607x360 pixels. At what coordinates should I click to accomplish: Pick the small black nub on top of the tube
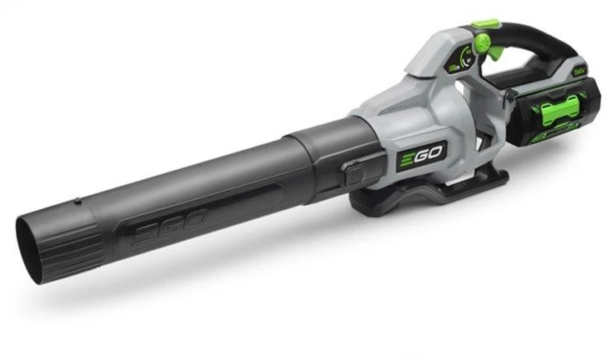coord(77,200)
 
